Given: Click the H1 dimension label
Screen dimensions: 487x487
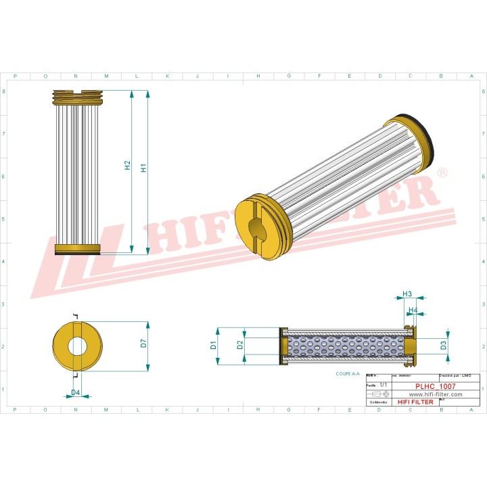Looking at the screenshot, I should (x=143, y=168).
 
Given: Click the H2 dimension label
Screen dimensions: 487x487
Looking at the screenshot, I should (x=127, y=165).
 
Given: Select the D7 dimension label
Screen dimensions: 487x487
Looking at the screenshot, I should (x=143, y=343).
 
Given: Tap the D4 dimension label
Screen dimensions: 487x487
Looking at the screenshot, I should (x=76, y=392).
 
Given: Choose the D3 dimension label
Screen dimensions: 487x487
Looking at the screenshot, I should (x=443, y=345).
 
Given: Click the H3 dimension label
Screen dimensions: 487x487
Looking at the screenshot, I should (x=407, y=294).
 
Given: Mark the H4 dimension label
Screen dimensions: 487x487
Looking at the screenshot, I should (x=413, y=310).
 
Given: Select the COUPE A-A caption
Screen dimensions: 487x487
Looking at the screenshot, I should (x=348, y=373).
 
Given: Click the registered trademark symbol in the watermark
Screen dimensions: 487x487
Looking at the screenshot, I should (x=442, y=173).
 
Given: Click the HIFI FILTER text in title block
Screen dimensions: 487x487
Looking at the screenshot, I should (x=413, y=402).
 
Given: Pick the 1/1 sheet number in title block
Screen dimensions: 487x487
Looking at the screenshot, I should (x=384, y=384).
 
